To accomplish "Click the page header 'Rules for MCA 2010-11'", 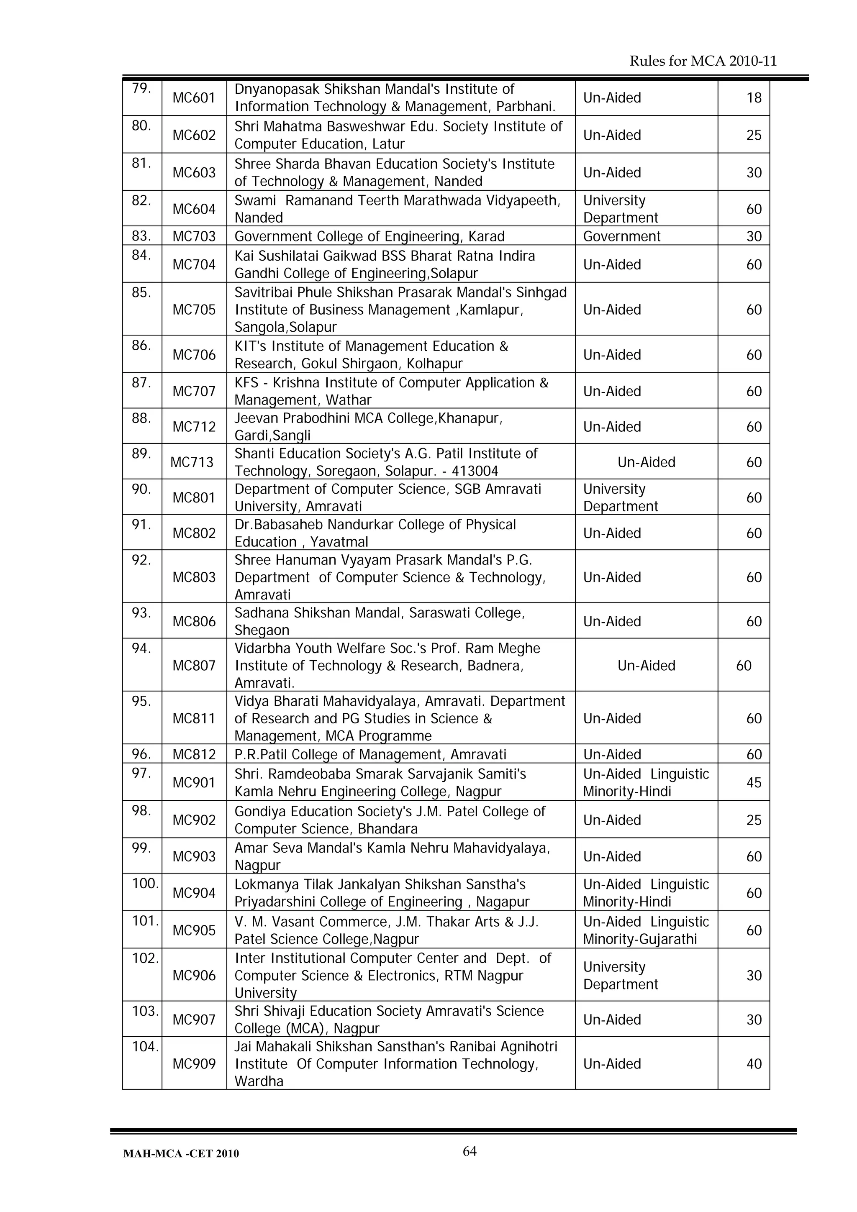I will point(703,61).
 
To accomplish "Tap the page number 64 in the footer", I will point(470,1151).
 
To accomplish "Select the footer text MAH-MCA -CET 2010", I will point(181,1153).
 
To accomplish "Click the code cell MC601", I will point(194,97).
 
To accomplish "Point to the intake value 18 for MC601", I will point(754,97).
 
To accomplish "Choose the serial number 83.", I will point(141,236).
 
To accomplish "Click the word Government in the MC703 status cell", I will point(621,236).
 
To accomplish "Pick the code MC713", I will point(192,462).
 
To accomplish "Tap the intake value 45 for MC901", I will point(754,782).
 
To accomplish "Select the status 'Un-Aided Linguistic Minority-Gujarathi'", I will point(645,930).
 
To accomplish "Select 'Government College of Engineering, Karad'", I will point(369,236).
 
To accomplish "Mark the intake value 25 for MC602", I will point(754,135).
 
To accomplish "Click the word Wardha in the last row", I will point(259,1081).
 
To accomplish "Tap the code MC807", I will point(194,665).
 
